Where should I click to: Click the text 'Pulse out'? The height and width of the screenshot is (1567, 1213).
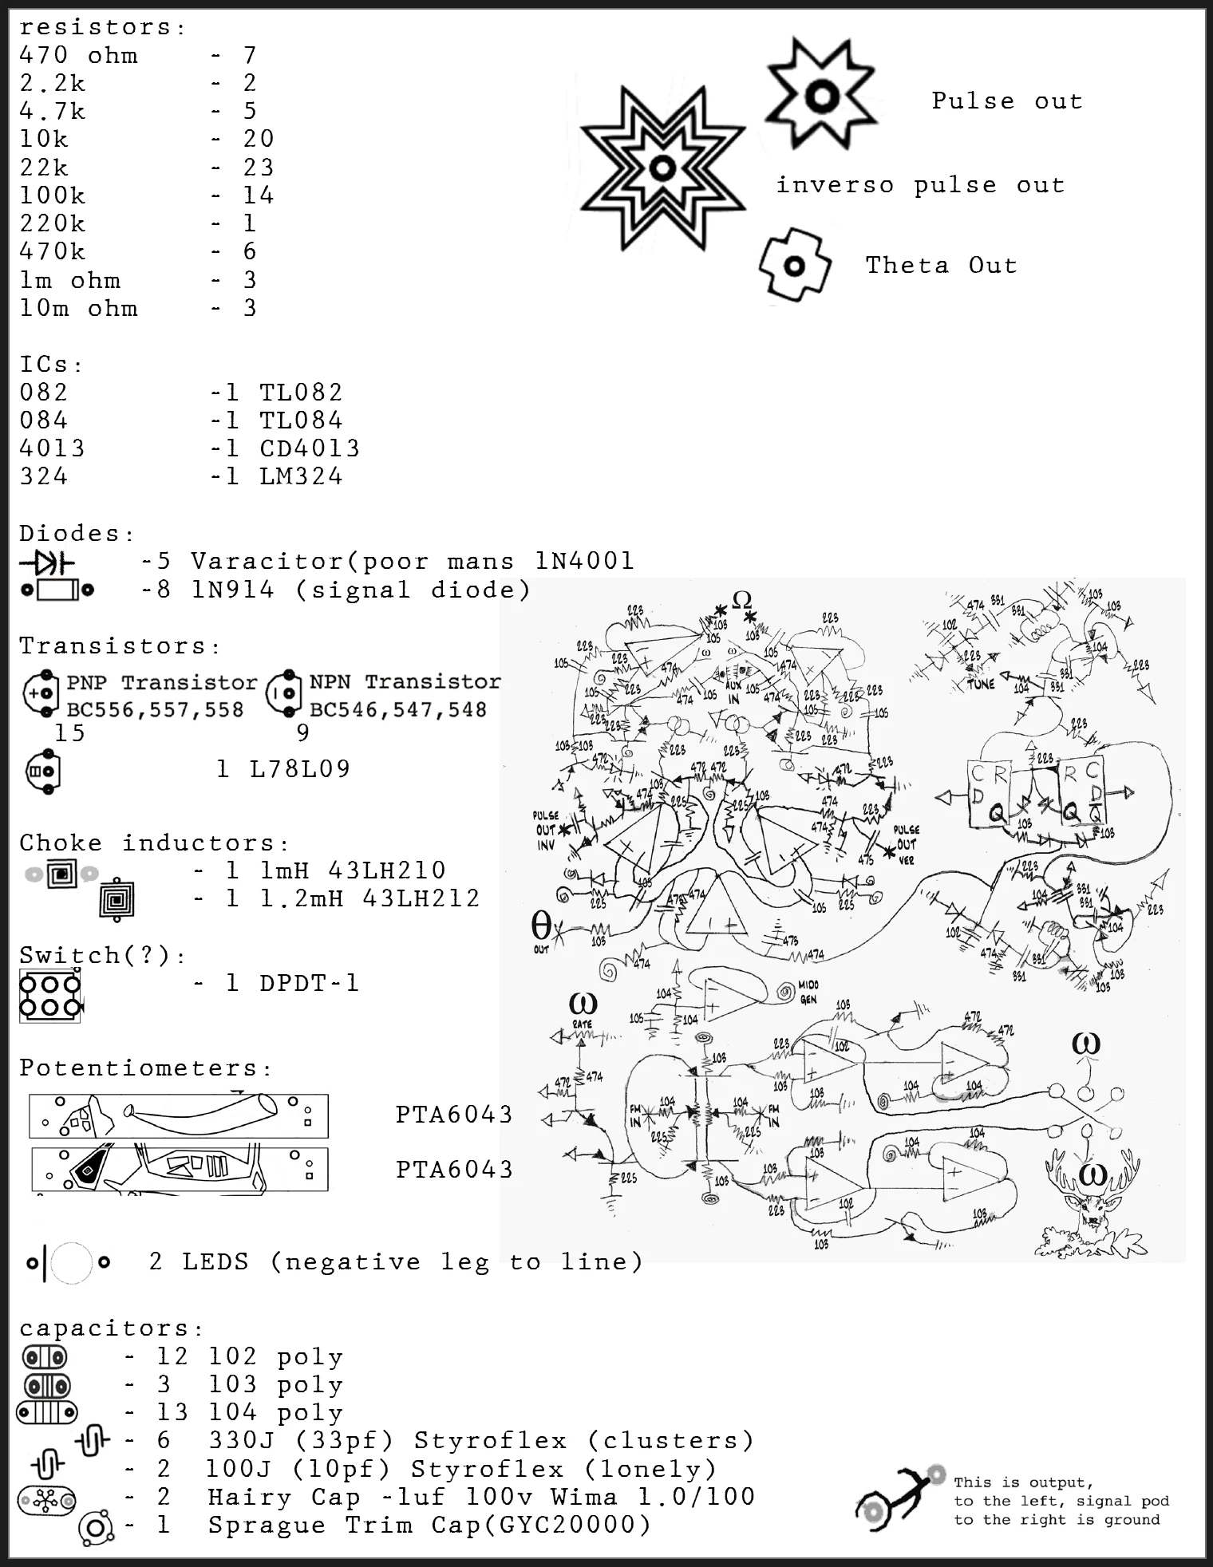click(x=1006, y=101)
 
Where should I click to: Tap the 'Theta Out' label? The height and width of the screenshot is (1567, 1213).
click(x=941, y=266)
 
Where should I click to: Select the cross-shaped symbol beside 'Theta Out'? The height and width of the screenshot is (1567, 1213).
click(x=794, y=266)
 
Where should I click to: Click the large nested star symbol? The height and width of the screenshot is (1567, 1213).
click(x=662, y=168)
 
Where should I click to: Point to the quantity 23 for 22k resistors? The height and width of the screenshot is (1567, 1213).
click(x=259, y=168)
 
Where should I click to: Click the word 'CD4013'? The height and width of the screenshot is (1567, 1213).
click(x=310, y=448)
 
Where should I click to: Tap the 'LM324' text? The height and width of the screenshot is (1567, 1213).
click(x=301, y=476)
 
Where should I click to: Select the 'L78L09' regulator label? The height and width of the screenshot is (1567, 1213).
click(x=299, y=769)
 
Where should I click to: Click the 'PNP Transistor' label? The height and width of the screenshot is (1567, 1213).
click(x=161, y=683)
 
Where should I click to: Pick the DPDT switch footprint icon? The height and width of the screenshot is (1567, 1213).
click(x=49, y=996)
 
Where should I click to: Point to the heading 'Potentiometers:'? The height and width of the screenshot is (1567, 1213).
click(x=146, y=1068)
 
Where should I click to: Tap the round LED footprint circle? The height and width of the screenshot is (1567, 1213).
click(x=72, y=1263)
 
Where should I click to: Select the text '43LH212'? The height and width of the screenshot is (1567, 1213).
click(x=421, y=898)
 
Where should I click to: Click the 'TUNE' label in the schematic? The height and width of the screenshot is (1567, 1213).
click(x=981, y=684)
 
